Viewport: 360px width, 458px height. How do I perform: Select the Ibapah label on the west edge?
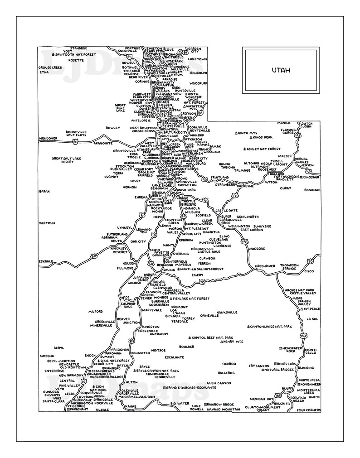pos(44,191)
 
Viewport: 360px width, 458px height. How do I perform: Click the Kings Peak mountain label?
pos(262,137)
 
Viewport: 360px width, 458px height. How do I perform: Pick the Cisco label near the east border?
pos(309,271)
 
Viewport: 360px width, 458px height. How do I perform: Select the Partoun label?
pos(47,223)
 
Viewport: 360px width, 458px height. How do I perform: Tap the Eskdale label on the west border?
pos(46,261)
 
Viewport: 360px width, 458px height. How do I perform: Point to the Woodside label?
pos(257,249)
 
